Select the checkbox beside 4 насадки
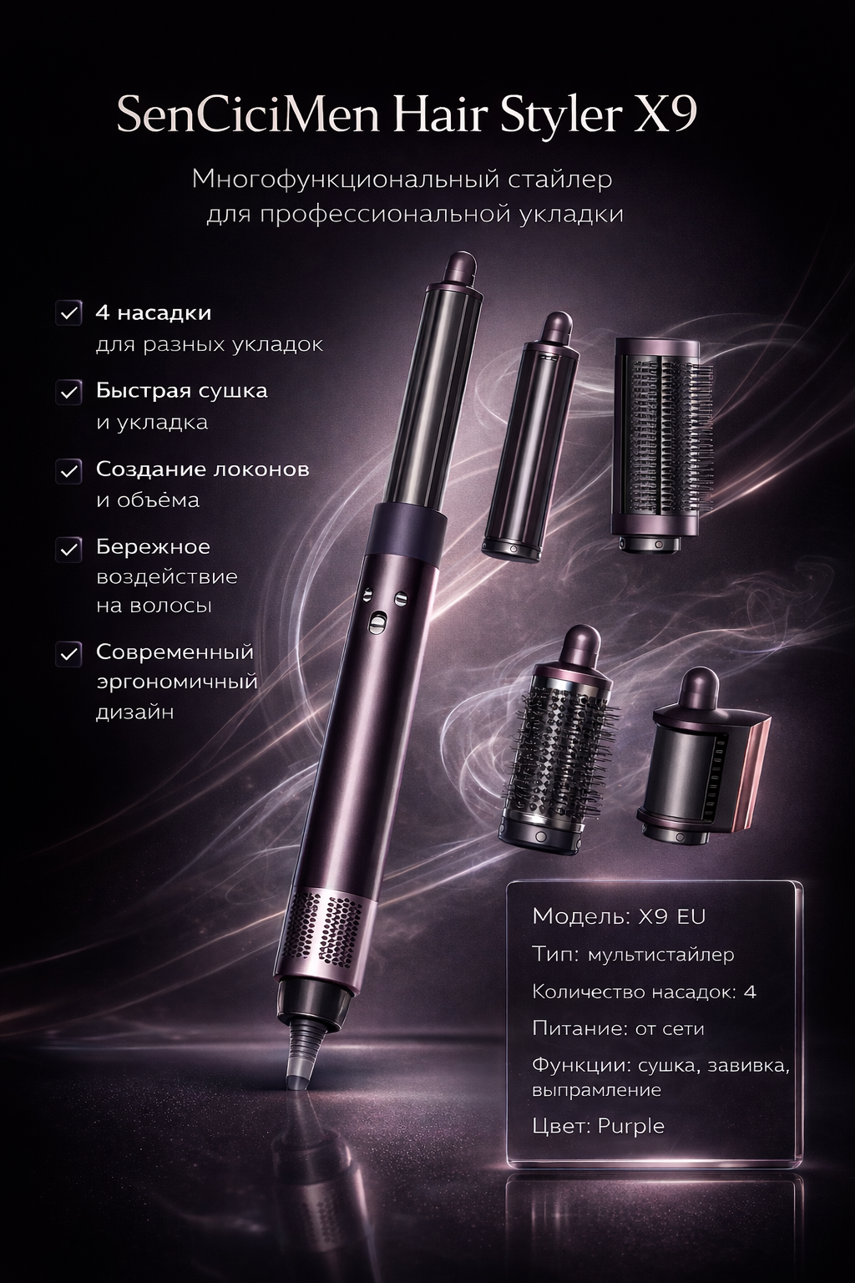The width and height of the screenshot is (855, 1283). tap(68, 313)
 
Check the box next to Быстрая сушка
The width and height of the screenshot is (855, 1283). tap(68, 391)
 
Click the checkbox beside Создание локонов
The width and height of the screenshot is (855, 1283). tap(68, 469)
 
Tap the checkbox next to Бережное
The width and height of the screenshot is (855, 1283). tap(68, 548)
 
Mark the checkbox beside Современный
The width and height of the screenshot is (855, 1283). tap(68, 652)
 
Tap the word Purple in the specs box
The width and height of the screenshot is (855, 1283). tap(631, 1125)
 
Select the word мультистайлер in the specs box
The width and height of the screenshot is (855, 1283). tap(660, 954)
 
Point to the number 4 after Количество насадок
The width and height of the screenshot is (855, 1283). tap(749, 991)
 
